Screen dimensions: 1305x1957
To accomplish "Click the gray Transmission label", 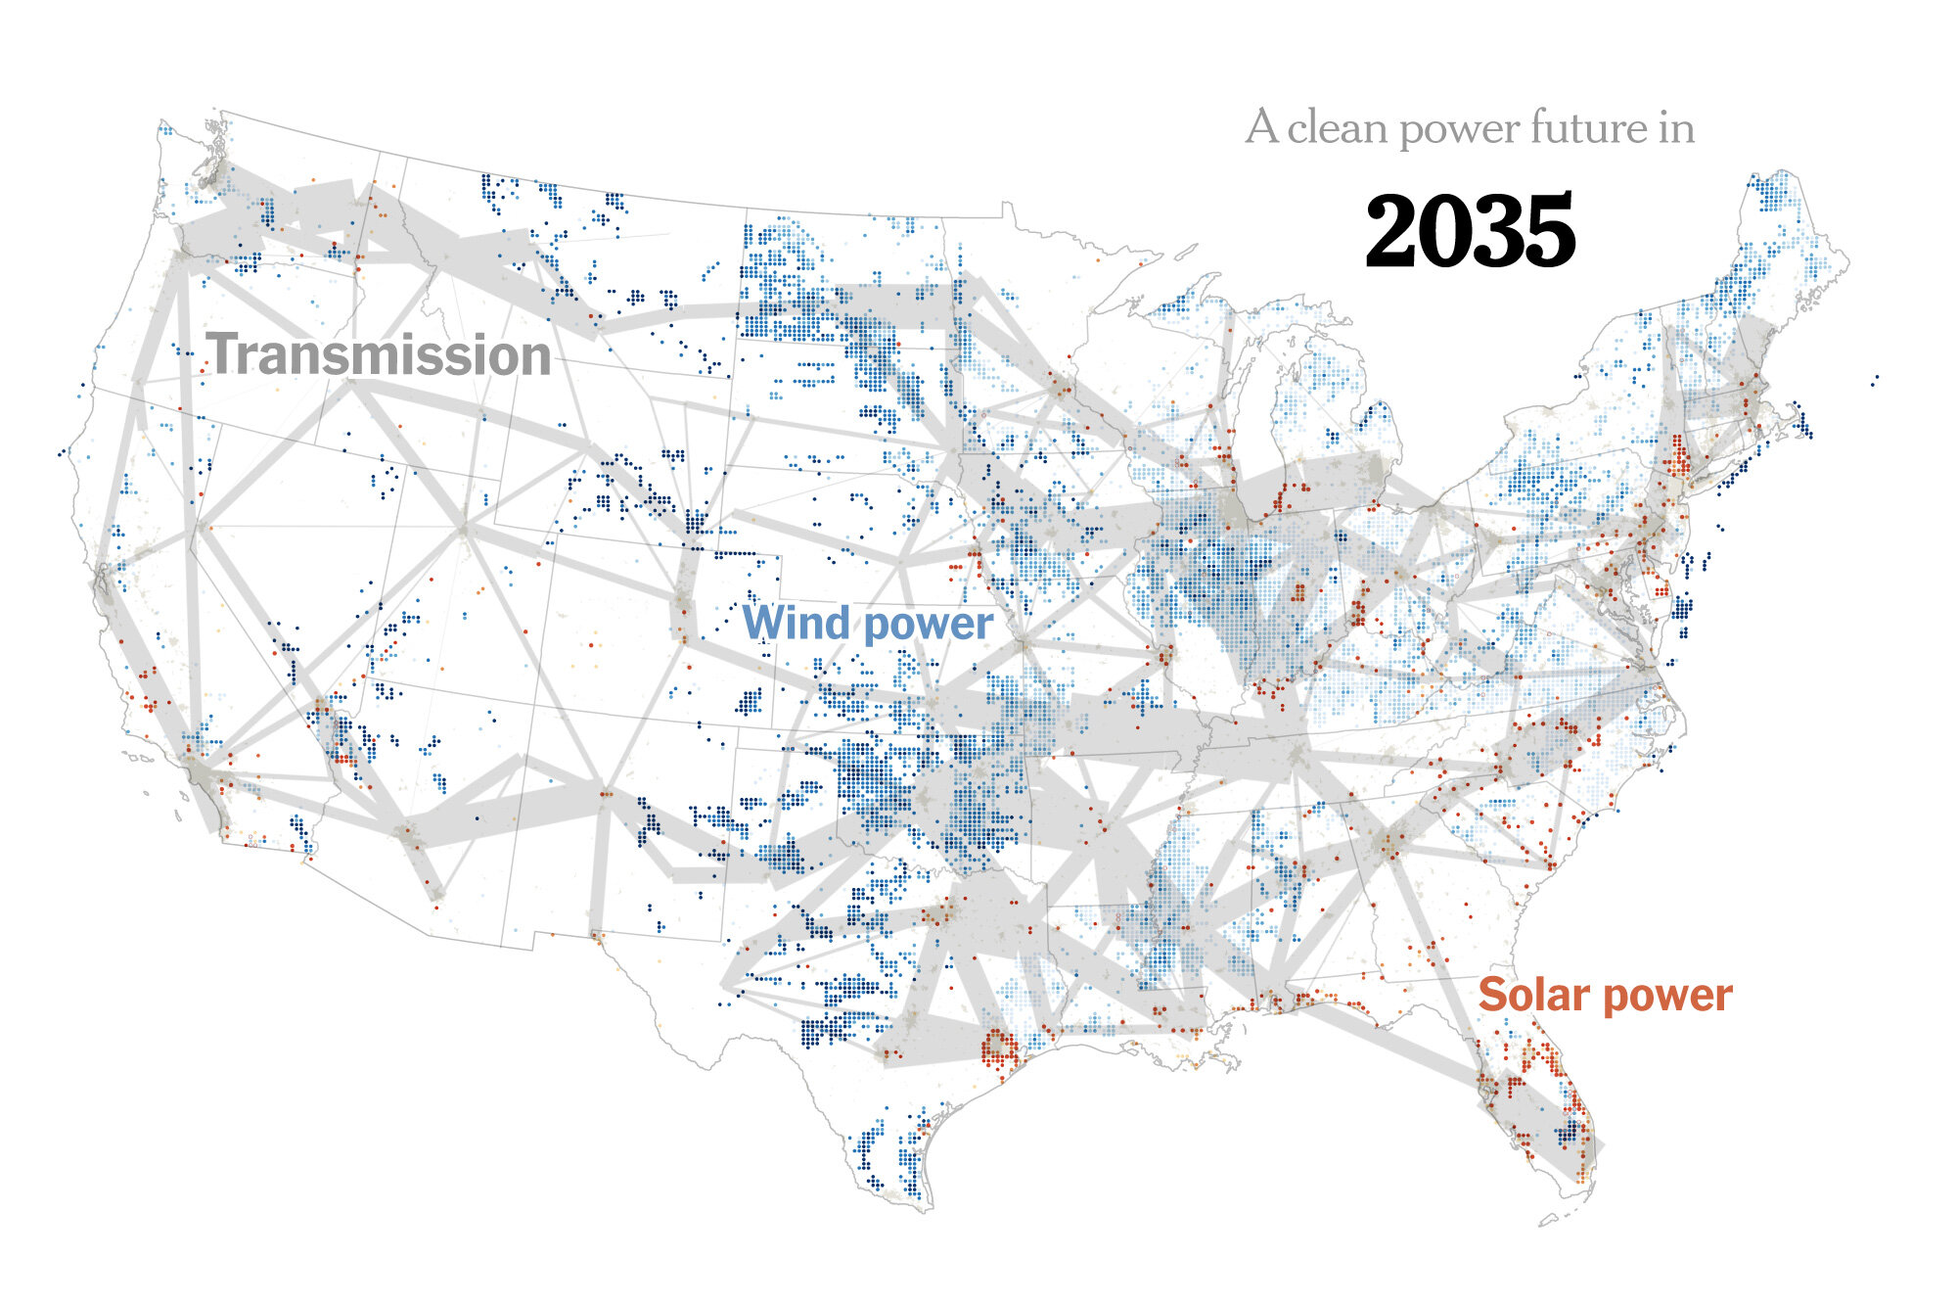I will point(380,354).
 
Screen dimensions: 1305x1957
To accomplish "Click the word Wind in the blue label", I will point(796,624).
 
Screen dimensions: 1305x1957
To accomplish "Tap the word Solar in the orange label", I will point(1532,995).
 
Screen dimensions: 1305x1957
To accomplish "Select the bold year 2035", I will point(1470,232).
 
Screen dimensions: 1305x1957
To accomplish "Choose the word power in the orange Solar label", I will point(1668,997).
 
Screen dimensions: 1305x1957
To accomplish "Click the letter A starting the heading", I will point(1262,128).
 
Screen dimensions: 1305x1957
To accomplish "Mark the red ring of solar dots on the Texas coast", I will point(999,1049).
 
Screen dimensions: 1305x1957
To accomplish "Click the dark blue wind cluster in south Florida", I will point(1569,1133).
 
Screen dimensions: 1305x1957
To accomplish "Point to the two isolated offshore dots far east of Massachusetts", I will point(1875,379).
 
